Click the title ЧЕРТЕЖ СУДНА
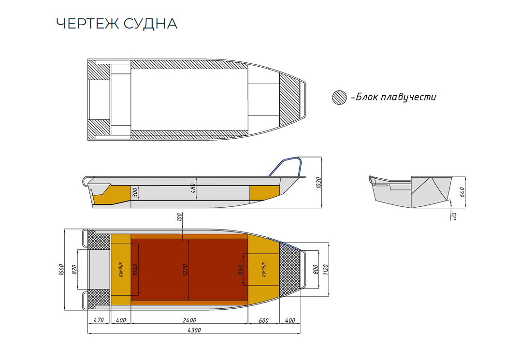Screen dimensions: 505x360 point(116,24)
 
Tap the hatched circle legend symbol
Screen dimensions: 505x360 point(340,98)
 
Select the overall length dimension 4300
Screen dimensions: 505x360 point(193,330)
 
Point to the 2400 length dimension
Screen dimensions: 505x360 point(189,320)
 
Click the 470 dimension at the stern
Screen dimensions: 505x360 point(99,320)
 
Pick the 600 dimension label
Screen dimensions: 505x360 point(263,320)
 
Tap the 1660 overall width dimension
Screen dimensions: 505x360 point(61,271)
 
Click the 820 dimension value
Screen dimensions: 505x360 point(74,270)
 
